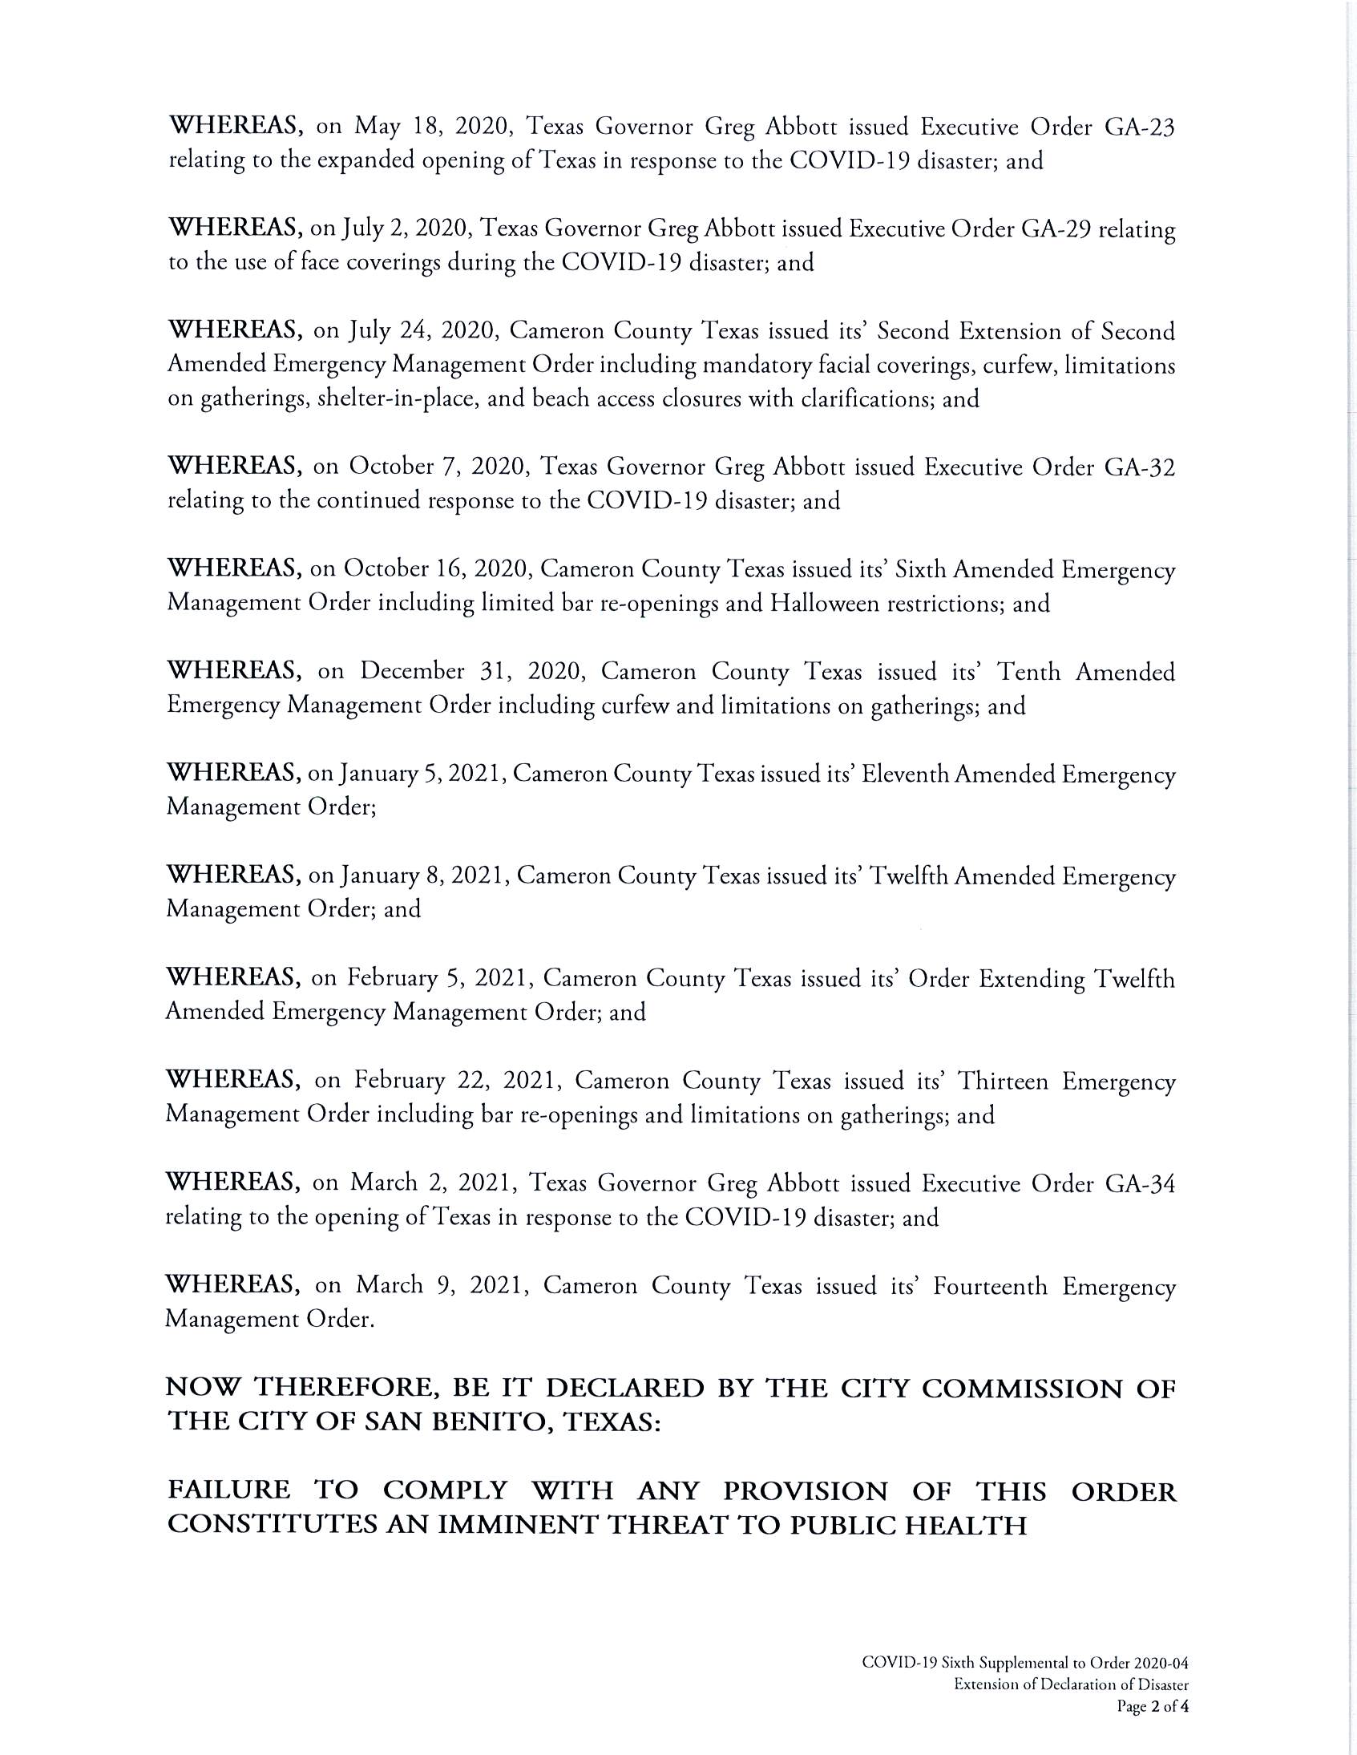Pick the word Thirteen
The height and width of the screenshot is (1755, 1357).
pos(1004,1082)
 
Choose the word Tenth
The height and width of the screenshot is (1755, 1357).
pos(1028,672)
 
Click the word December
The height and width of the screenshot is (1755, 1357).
pos(412,672)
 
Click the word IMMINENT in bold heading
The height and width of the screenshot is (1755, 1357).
pos(515,1525)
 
